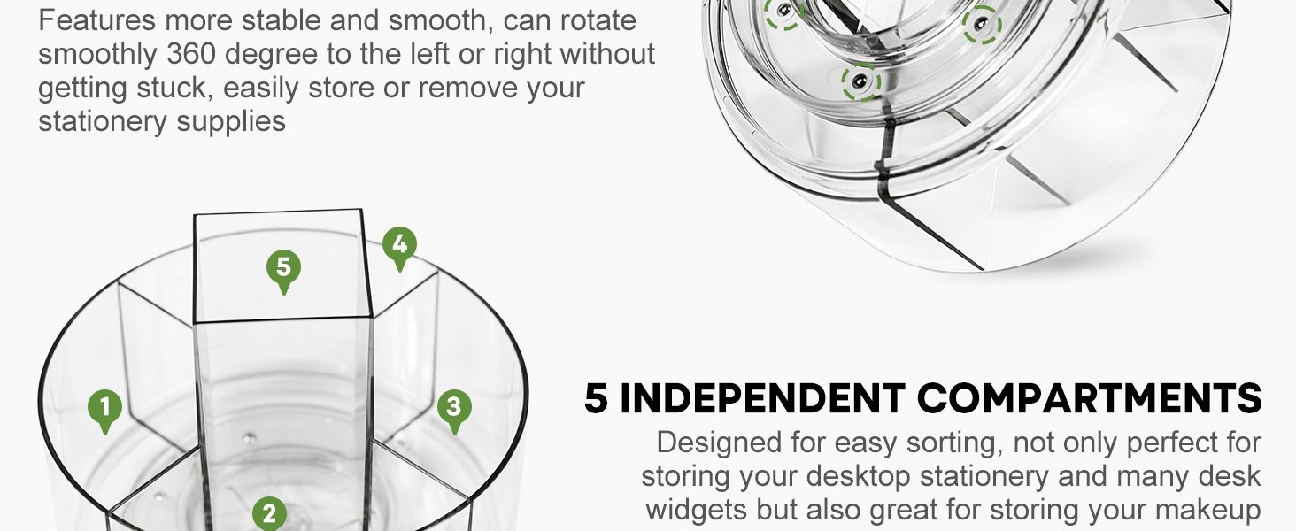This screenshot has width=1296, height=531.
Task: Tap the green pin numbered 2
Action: tap(269, 514)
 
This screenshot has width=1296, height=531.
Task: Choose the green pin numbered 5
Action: tap(283, 268)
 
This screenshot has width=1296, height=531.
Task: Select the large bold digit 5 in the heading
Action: tap(597, 399)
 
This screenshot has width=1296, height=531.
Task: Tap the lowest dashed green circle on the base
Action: tap(860, 83)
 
